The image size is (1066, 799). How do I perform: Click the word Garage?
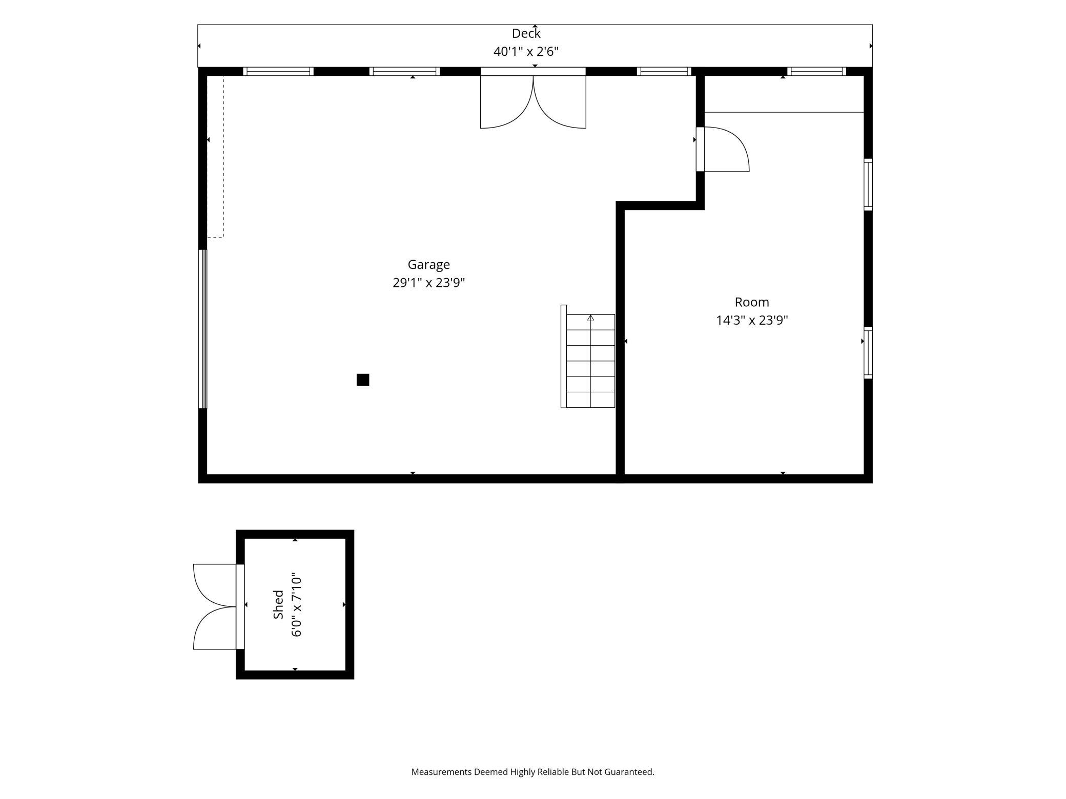[x=428, y=265]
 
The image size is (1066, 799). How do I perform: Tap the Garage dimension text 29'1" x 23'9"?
[x=428, y=283]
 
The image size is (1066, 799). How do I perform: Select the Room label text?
[x=752, y=302]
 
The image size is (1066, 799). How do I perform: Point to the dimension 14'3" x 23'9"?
[x=752, y=321]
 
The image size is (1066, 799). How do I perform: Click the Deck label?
[x=526, y=34]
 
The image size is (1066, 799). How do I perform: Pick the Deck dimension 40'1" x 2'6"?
[x=526, y=52]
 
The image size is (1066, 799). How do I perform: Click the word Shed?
[x=278, y=604]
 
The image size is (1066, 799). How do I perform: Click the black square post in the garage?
[x=363, y=380]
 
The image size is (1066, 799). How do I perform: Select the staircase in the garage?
[x=588, y=356]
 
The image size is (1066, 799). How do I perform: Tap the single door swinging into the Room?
[x=723, y=149]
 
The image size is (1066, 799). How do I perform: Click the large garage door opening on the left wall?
[x=203, y=329]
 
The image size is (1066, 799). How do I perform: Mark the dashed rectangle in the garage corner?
[x=216, y=157]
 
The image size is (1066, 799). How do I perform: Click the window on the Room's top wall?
[x=816, y=71]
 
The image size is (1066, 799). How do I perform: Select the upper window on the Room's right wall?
[x=868, y=184]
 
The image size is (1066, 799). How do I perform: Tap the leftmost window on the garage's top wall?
[x=278, y=71]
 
